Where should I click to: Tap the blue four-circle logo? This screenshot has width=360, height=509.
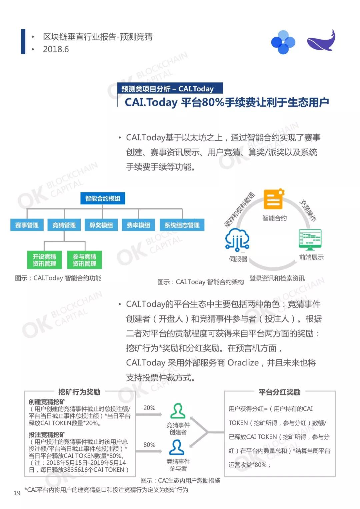[283, 42]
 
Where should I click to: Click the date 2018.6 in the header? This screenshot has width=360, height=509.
[56, 49]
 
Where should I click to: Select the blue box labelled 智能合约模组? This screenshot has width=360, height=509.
[103, 199]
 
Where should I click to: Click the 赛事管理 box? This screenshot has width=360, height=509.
[27, 225]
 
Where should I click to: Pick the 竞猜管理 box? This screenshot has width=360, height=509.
[64, 225]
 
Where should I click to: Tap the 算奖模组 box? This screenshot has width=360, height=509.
[101, 225]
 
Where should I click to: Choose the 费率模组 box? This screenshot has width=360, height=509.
[138, 225]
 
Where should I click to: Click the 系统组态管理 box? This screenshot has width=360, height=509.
[182, 225]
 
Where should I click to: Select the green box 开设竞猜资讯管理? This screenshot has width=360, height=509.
[44, 260]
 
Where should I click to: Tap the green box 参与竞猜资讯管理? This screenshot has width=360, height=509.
[84, 260]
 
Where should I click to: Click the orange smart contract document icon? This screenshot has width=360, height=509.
[274, 199]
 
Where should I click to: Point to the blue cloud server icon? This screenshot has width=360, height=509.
[237, 240]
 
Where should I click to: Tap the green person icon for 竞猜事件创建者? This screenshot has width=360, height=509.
[178, 411]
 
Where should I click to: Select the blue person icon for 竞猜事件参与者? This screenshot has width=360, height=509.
[177, 447]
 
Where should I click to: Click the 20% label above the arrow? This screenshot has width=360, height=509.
[149, 408]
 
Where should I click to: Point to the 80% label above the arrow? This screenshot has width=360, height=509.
[149, 444]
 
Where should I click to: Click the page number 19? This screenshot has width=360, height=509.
[17, 493]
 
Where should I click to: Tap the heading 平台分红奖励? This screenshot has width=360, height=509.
[279, 392]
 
